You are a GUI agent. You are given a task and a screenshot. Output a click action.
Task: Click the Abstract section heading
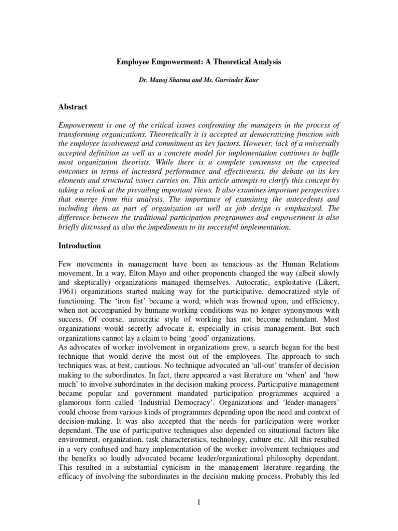tap(73, 107)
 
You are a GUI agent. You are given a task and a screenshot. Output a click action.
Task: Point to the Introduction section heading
tap(79, 246)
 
